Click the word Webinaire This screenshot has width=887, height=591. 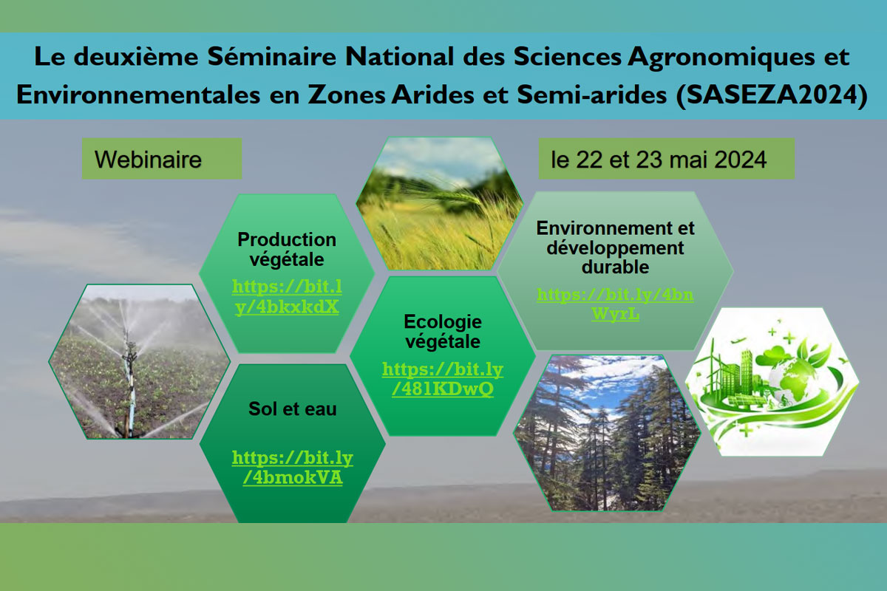pos(148,160)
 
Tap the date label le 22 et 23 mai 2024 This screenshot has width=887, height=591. pos(659,160)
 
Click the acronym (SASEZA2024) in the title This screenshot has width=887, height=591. pos(772,95)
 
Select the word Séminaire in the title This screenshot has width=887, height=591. pos(272,56)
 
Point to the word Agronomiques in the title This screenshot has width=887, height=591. pos(721,58)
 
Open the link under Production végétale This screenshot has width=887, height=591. pos(287,296)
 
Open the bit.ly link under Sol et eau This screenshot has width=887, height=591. pos(293,468)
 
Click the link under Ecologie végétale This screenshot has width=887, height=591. pos(443,379)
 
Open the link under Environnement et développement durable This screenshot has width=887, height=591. pos(615,304)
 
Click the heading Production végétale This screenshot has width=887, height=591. pos(287,250)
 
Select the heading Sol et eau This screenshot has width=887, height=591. pos(292,409)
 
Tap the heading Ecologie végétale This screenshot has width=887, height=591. pos(443,332)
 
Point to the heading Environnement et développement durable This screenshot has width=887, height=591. pos(615,247)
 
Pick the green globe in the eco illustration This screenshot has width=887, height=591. pos(789,379)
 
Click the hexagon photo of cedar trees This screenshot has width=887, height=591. pos(607,433)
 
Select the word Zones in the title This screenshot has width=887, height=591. pos(347,95)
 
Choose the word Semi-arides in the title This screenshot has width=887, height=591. pos(592,95)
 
